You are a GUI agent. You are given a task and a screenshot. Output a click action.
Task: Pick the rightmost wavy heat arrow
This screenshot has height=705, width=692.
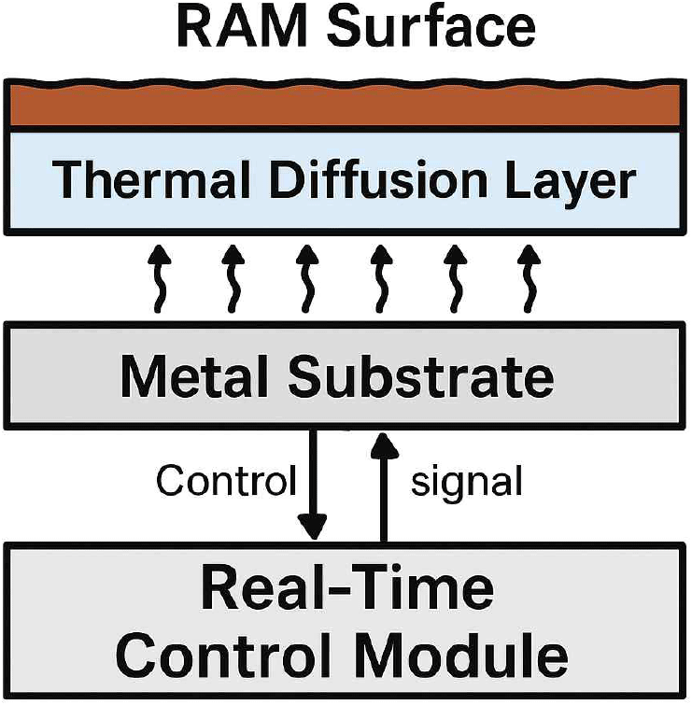click(530, 279)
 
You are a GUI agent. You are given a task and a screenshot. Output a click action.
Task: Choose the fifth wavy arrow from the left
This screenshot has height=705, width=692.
click(456, 279)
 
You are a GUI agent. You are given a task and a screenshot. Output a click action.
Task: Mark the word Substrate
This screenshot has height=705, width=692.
click(420, 378)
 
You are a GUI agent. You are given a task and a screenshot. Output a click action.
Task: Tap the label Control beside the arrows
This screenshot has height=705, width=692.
click(225, 482)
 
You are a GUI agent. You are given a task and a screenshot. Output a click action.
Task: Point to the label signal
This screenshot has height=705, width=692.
click(466, 483)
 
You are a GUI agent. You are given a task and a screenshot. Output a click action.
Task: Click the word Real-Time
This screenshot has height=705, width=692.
click(346, 589)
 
